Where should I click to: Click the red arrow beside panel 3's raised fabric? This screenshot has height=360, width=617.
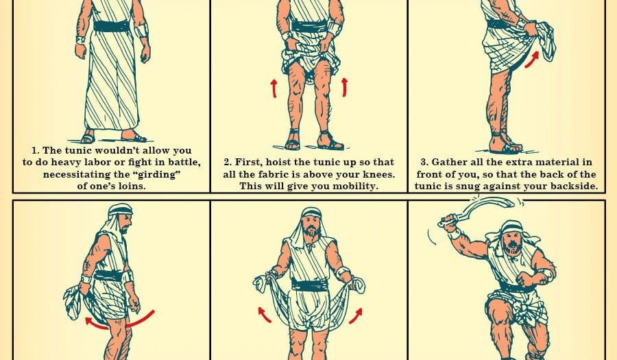coord(531,60)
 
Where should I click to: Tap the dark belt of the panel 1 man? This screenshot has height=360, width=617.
coord(111,26)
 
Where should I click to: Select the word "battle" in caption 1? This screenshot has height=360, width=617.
coord(184,163)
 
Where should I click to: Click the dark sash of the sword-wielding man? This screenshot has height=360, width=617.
coord(516,287)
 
